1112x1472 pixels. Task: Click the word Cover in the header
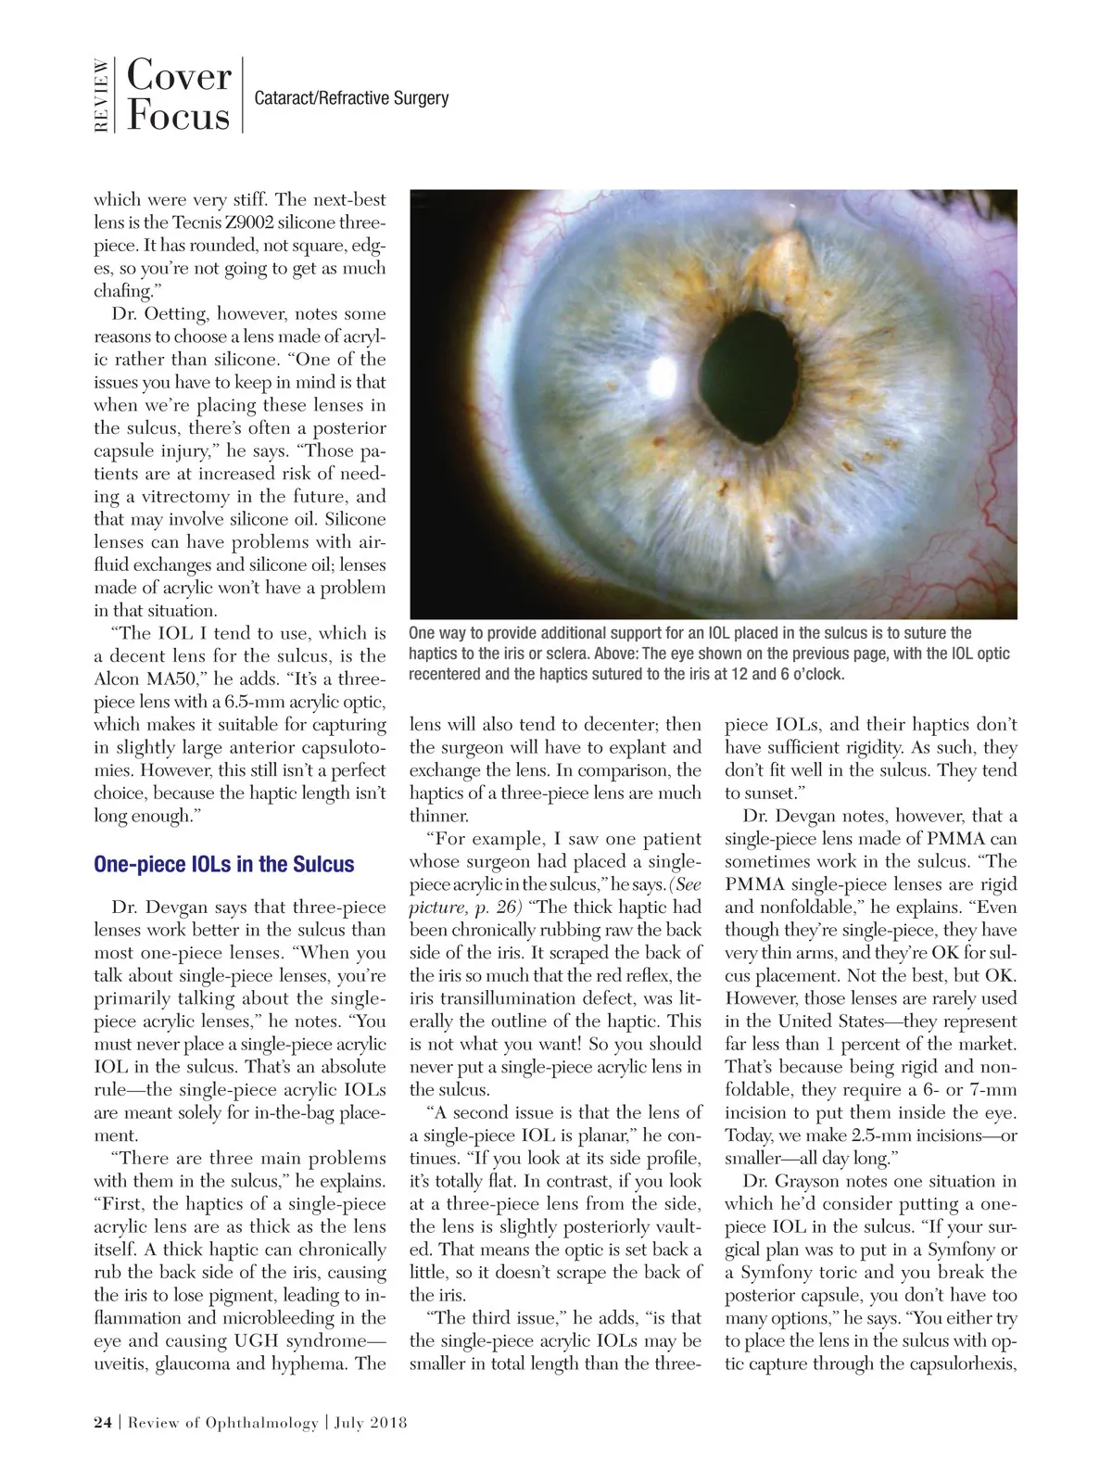(178, 76)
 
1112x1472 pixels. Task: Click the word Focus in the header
(178, 116)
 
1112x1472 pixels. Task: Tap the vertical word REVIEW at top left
(101, 95)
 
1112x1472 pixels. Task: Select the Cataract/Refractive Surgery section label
(351, 98)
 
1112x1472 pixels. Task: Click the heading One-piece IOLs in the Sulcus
(223, 865)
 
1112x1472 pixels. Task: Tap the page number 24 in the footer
(103, 1423)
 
